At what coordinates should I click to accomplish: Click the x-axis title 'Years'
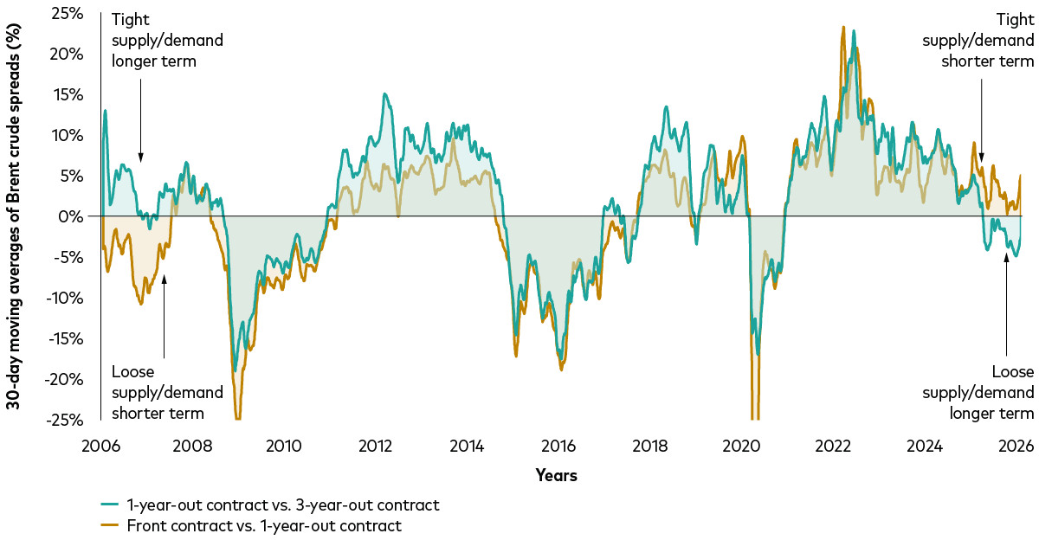556,475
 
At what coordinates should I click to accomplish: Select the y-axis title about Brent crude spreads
16,216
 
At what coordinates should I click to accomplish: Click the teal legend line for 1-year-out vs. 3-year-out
109,505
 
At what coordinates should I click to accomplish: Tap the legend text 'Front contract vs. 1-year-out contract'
263,525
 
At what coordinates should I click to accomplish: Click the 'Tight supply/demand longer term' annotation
167,41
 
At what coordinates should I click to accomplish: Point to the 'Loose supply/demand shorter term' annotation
167,392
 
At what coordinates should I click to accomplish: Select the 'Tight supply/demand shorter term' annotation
978,41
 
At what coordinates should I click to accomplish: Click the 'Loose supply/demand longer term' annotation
978,392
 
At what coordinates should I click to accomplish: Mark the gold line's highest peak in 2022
842,28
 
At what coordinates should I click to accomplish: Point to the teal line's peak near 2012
384,94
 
